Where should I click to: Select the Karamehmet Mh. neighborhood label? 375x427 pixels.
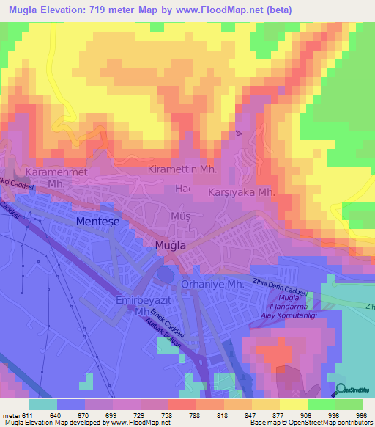(x=56, y=177)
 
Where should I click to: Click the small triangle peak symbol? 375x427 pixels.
(x=238, y=133)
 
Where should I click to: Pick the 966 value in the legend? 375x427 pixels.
(x=360, y=415)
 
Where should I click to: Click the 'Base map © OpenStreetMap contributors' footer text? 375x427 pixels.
(x=310, y=423)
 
